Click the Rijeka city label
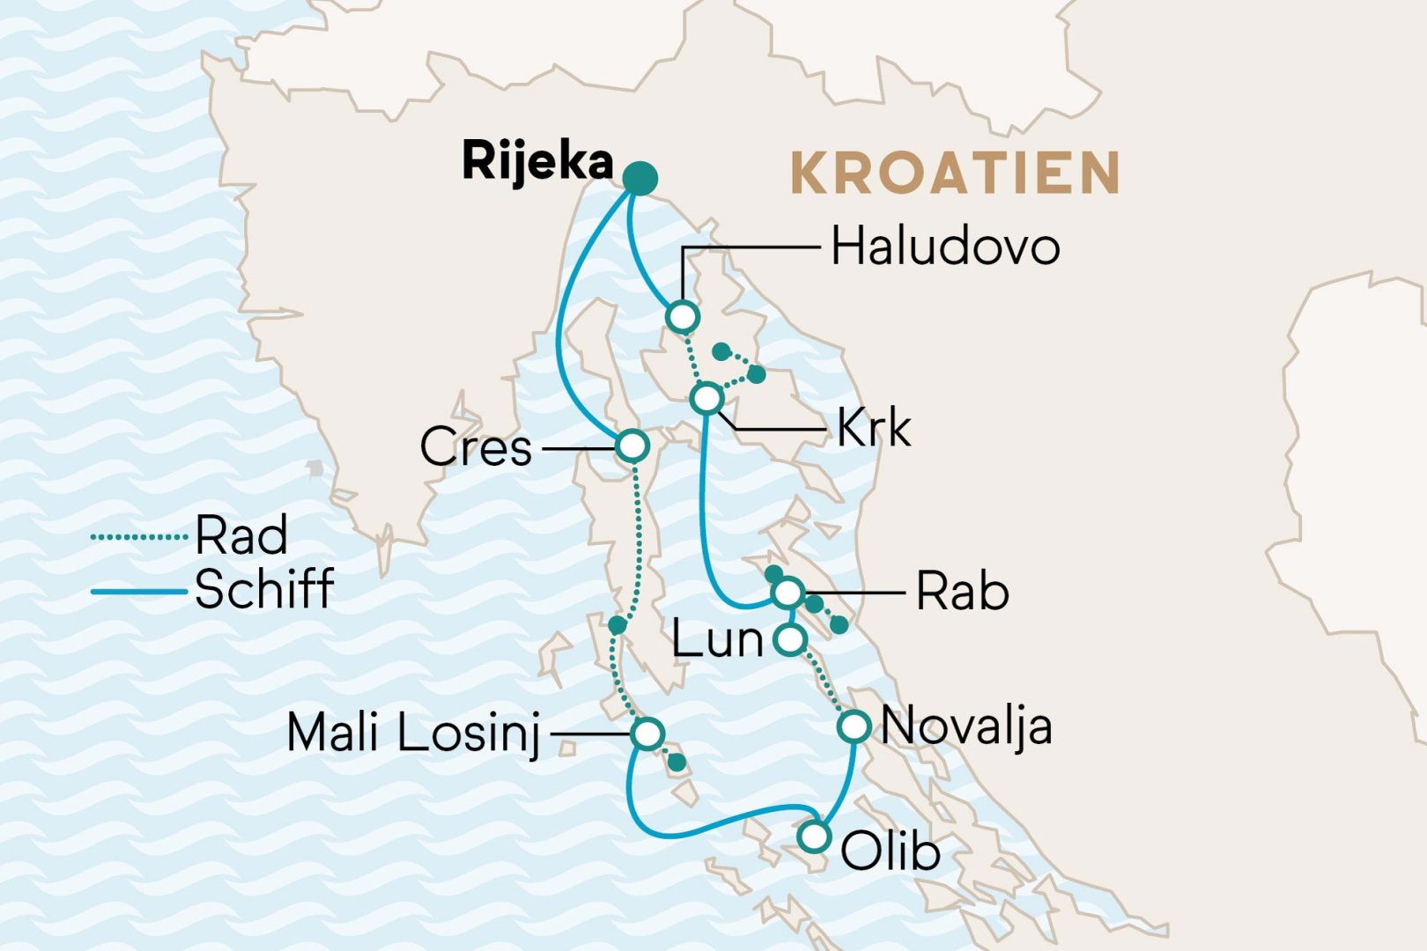pos(537,162)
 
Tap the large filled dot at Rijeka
pos(640,179)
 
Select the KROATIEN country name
pos(956,173)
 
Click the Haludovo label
pos(945,247)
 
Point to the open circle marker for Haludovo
pos(683,316)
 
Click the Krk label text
pos(873,429)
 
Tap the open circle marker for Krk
pos(707,399)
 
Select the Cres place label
pos(476,447)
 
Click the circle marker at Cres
pos(632,446)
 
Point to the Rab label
pos(962,592)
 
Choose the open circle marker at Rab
pos(787,593)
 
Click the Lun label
pos(717,640)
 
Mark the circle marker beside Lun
pos(791,640)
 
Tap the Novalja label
pos(966,727)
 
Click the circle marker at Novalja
pos(854,727)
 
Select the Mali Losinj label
pos(413,733)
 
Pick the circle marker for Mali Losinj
pos(647,734)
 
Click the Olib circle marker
pos(815,836)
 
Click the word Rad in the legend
pos(241,535)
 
